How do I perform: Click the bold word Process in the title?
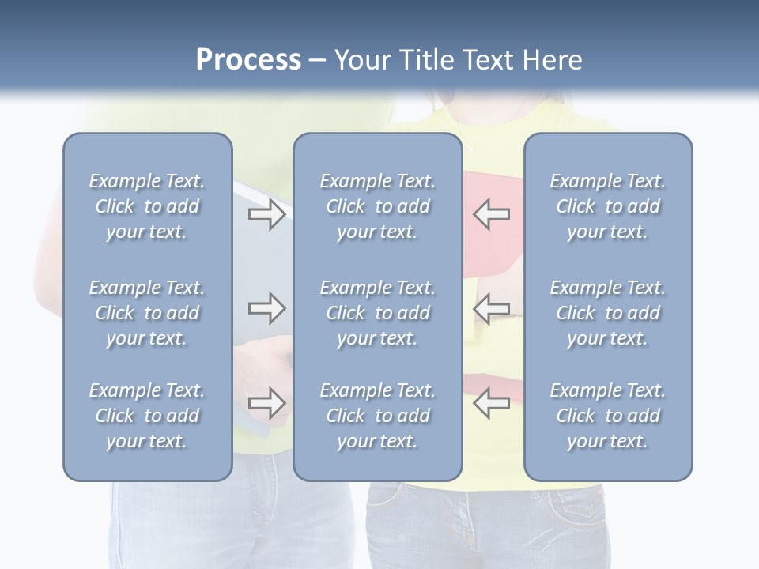point(248,60)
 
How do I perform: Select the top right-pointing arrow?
point(266,214)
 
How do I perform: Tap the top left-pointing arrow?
point(492,214)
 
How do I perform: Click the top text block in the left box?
point(147,206)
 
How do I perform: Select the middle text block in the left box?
point(147,313)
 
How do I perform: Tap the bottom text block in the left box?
point(147,416)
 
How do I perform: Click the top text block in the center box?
point(377,206)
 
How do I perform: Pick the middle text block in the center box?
point(377,313)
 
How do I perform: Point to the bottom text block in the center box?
point(377,416)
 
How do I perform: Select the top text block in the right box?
point(607,206)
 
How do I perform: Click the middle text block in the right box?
point(607,313)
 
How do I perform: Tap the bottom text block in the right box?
point(607,416)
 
